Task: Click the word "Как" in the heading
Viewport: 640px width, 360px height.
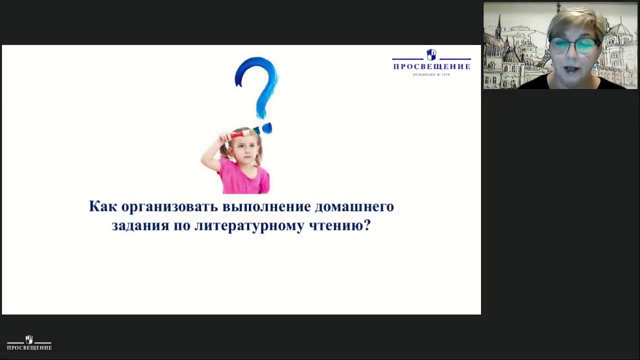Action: pos(103,206)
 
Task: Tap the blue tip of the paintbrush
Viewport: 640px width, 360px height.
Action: pos(266,128)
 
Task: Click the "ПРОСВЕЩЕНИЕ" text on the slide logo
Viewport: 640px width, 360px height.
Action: pos(431,66)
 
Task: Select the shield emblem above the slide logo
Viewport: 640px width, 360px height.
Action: pos(431,54)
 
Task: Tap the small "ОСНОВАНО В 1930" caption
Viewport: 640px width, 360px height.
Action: pos(431,74)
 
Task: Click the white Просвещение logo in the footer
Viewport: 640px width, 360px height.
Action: pos(29,343)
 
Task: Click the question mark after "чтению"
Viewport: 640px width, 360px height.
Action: pos(366,226)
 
